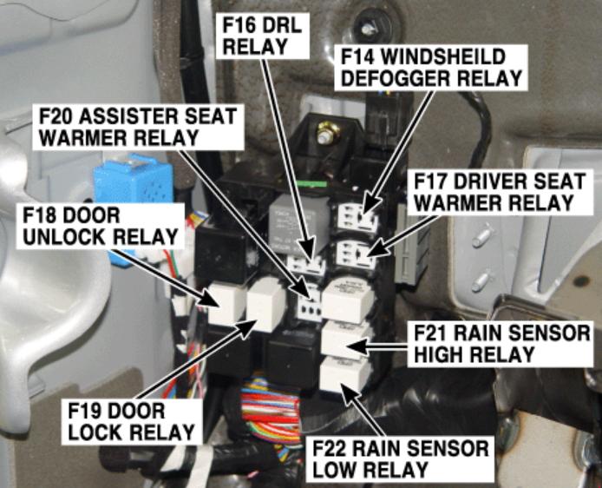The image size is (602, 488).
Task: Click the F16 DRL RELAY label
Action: (x=263, y=36)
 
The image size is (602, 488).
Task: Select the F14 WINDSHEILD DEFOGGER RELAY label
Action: (x=431, y=68)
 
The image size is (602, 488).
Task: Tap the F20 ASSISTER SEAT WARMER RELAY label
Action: (x=138, y=127)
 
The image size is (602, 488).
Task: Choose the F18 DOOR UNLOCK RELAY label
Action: (x=101, y=227)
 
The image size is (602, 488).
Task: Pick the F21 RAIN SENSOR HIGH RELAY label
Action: (x=501, y=345)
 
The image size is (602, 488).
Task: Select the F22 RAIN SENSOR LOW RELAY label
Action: (x=400, y=459)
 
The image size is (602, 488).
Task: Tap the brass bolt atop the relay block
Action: (x=327, y=132)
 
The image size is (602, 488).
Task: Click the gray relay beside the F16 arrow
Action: (x=298, y=222)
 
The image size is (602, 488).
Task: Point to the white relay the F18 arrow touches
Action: (x=226, y=302)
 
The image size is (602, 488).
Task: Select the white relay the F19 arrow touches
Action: (x=266, y=304)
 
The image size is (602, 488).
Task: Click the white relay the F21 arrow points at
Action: (x=345, y=340)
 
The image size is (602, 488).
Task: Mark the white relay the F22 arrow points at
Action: (x=344, y=373)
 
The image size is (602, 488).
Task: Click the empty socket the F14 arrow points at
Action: (x=357, y=218)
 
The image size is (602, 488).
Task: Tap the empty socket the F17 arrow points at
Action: (x=356, y=254)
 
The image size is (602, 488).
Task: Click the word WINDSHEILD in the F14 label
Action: (x=442, y=56)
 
